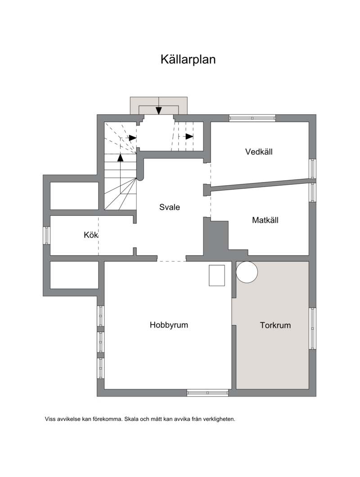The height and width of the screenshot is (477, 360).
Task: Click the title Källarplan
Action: point(188,59)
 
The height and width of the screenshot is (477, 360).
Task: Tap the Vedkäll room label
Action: point(259,152)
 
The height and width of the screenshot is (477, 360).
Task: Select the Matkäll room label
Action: point(265,220)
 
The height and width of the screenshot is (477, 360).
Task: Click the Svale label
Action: point(170,207)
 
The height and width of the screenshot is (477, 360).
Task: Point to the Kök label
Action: point(91,235)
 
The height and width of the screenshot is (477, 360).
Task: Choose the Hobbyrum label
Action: point(169,325)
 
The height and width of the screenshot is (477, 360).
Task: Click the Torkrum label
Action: point(275,325)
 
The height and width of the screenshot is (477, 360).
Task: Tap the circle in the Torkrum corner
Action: point(247,272)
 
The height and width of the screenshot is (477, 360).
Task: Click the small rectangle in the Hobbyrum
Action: point(217,275)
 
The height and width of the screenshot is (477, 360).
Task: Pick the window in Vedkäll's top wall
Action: point(252,118)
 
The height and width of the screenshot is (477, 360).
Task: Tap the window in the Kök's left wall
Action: point(46,235)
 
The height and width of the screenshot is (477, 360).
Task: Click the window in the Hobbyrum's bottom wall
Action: point(207,393)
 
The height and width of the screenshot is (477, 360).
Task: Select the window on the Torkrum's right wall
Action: point(312,329)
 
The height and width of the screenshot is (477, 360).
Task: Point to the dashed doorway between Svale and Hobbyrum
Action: point(171,261)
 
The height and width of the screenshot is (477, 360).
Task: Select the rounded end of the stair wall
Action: point(140,177)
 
